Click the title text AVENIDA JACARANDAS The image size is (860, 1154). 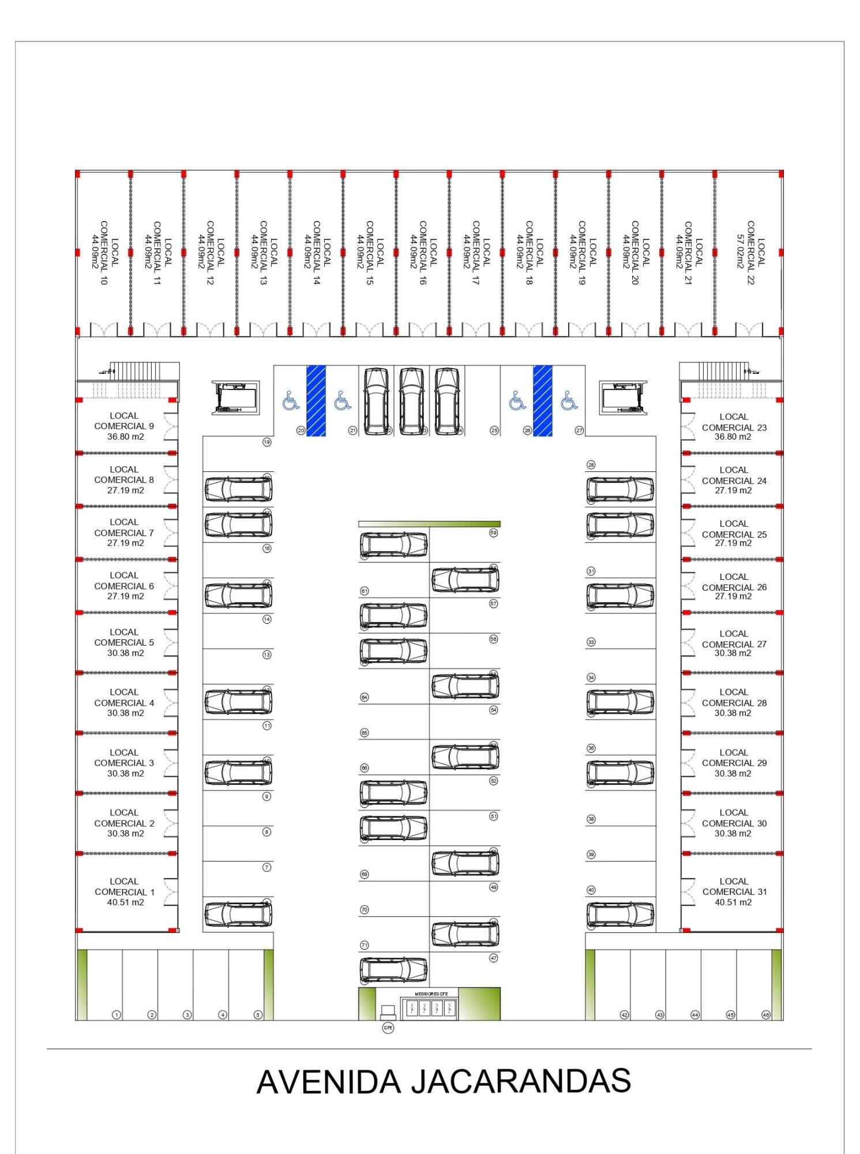443,1082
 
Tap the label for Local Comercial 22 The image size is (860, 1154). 756,253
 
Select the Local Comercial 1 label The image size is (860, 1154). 125,891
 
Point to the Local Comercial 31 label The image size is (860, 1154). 734,891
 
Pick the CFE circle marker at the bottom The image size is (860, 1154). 388,1028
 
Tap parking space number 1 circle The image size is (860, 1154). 117,1014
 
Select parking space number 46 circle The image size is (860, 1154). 765,1014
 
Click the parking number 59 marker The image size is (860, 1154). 493,533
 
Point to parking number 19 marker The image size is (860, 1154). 266,443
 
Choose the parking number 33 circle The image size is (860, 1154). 591,642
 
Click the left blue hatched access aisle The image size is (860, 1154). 316,400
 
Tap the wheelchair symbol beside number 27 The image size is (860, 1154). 569,400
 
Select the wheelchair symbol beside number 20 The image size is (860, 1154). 291,400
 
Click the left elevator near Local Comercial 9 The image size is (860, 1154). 235,398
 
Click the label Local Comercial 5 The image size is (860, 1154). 124,642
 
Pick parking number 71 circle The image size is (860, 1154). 364,945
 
